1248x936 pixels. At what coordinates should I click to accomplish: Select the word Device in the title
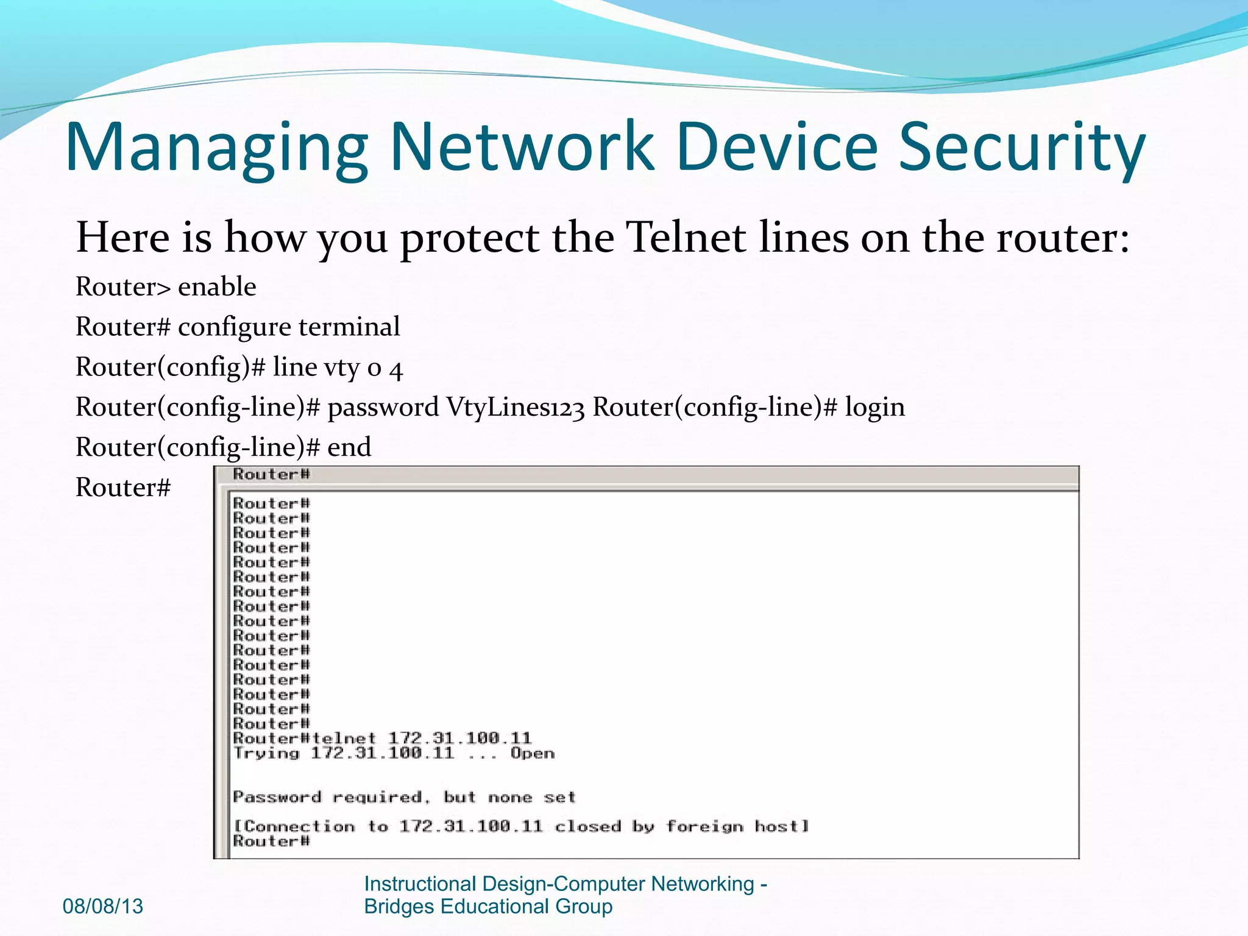click(777, 146)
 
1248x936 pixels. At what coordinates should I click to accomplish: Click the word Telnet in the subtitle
click(687, 237)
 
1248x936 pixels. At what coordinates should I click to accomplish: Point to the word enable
click(217, 286)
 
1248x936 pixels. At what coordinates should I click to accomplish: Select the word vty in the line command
click(341, 367)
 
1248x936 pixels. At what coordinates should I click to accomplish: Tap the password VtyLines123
click(516, 407)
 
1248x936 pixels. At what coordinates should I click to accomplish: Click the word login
click(874, 407)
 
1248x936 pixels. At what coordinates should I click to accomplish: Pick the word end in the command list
click(349, 447)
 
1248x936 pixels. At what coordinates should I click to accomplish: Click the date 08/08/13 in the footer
click(103, 906)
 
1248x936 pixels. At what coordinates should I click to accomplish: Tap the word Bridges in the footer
click(399, 906)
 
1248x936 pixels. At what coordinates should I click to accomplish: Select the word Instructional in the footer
click(420, 884)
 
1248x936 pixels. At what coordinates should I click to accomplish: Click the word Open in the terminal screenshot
click(532, 753)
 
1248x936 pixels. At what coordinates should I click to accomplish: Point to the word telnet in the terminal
click(344, 739)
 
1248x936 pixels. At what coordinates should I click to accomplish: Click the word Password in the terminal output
click(277, 797)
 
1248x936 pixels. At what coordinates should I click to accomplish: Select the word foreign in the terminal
click(704, 826)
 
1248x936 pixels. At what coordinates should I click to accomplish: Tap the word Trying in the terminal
click(266, 753)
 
